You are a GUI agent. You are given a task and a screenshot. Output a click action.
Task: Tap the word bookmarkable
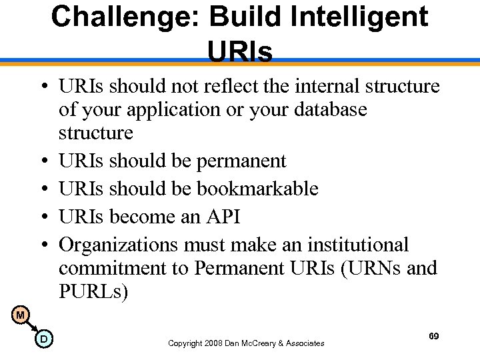click(257, 189)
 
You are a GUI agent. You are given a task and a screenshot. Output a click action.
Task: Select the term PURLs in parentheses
click(97, 291)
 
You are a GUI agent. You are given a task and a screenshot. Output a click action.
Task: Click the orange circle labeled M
click(21, 315)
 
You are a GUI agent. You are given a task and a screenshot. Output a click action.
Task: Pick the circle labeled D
click(43, 339)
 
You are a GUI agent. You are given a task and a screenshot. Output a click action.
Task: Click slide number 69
click(433, 337)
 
